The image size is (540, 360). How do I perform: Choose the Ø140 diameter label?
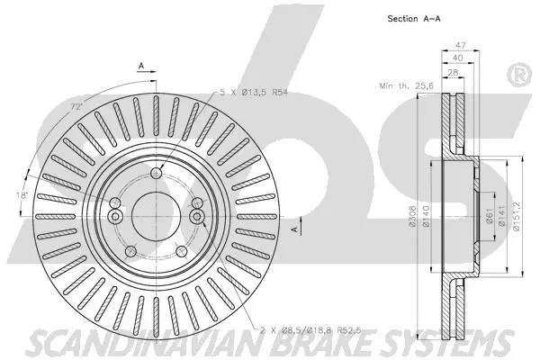pos(425,215)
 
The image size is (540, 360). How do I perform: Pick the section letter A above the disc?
pos(140,64)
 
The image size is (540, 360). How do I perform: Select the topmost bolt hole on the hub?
pos(156,174)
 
